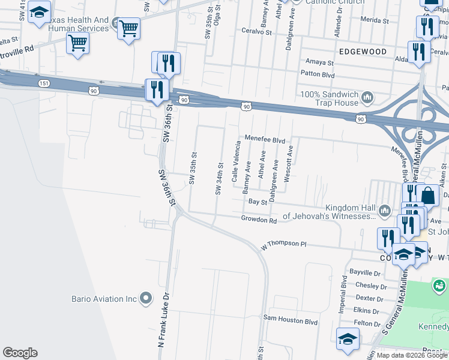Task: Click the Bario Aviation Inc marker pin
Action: pos(146,298)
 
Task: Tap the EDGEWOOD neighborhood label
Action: pos(363,52)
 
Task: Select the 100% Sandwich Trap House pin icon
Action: pos(367,95)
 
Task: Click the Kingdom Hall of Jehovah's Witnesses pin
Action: pos(384,208)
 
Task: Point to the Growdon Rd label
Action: pos(259,220)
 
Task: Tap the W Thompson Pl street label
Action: pos(283,245)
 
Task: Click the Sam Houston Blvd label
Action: pos(291,321)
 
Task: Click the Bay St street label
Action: pos(258,203)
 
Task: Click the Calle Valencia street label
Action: pos(237,158)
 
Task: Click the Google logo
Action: pos(20,353)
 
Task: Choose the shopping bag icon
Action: pos(428,196)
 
